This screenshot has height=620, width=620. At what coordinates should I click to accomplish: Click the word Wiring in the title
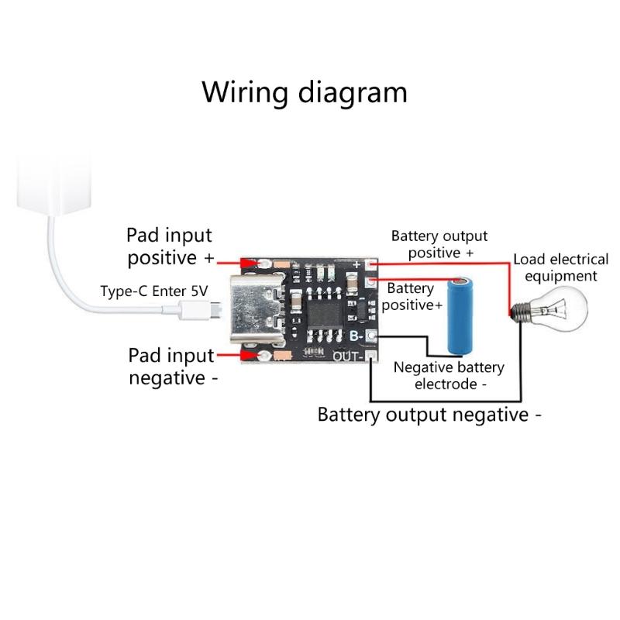[246, 92]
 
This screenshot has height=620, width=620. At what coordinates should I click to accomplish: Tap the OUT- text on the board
[348, 356]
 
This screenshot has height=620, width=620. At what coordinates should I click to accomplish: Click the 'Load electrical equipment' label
[561, 267]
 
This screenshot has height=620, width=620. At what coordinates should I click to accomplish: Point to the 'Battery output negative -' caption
[429, 415]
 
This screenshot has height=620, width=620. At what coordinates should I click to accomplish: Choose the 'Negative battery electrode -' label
[449, 375]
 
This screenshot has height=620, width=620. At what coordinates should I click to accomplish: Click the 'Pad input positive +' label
[170, 246]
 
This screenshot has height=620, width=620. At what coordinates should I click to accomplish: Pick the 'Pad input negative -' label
[172, 367]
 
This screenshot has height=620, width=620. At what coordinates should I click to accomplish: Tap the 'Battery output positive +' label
[439, 244]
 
